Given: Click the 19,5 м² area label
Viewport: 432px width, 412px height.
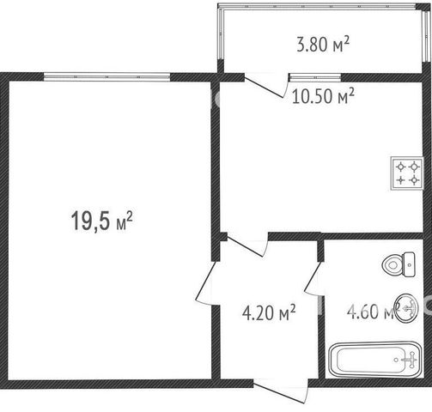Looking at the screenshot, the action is pos(101,221).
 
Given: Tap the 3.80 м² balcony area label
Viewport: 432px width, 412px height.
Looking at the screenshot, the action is pos(323,45).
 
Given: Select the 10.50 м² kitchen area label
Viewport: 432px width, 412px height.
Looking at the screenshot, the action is pos(323,96).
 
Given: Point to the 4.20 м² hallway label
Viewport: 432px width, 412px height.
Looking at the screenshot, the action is pos(269,312).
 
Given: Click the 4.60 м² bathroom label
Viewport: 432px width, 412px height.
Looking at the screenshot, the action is pos(372,312).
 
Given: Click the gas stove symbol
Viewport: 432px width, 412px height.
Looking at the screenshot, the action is pos(407,173).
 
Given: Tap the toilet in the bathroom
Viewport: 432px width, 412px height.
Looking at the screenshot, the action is pos(399,264).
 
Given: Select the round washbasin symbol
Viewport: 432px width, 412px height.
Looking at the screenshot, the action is pos(406,308).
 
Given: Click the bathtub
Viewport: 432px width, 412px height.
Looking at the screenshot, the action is pos(375,360).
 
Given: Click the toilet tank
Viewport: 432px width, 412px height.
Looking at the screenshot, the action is pos(409,264).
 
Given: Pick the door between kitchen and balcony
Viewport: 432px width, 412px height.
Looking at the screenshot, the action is pos(265,86).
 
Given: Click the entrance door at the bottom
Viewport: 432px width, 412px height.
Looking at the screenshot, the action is pos(281,391).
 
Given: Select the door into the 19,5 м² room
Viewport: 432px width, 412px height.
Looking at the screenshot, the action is pos(208,283).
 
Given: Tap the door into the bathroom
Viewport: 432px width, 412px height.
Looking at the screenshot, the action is pos(314,277).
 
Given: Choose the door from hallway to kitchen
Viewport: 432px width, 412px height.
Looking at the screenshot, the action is pos(246,245).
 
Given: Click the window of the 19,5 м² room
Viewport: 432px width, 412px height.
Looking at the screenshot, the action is pos(107,77).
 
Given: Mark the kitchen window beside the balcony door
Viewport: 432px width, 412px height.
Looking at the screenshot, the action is pos(315,76).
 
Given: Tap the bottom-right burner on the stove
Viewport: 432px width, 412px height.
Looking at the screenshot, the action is pos(414,180).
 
